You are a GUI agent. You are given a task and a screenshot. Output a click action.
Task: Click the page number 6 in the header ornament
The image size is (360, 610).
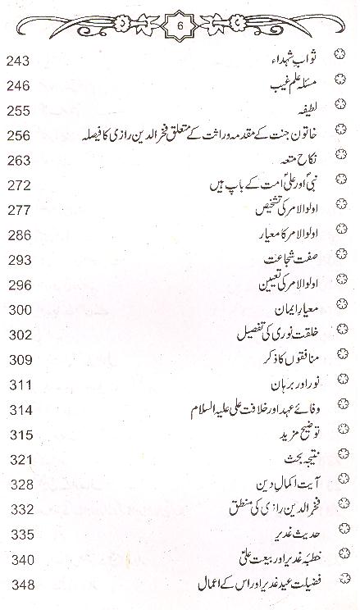(x=180, y=25)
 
